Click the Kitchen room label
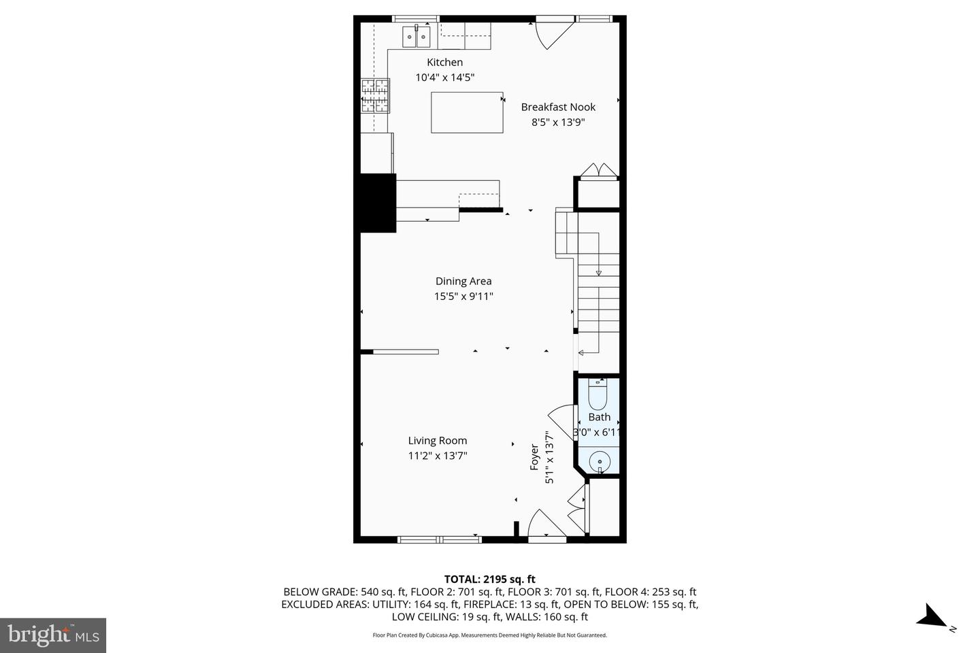click(x=444, y=63)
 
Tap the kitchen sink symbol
click(x=416, y=37)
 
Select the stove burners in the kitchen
click(x=375, y=95)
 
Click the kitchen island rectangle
click(x=467, y=112)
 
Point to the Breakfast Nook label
click(x=558, y=107)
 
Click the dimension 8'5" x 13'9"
click(x=558, y=122)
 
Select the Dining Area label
click(x=463, y=281)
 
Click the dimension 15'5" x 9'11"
click(x=463, y=297)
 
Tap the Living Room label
click(x=438, y=441)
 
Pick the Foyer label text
click(x=535, y=457)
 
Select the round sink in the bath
click(x=600, y=461)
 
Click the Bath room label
click(x=600, y=417)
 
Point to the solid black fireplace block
click(x=378, y=203)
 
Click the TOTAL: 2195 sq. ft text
click(x=489, y=580)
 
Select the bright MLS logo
click(x=53, y=635)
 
